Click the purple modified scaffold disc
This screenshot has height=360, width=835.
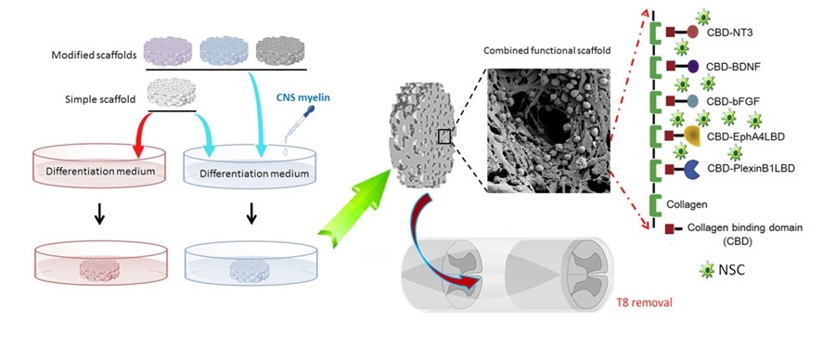tap(168, 51)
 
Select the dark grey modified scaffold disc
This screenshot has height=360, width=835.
tap(280, 51)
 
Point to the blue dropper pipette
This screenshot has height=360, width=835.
tap(297, 124)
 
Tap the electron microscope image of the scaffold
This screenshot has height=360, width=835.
tap(547, 130)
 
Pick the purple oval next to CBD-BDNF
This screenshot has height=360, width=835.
tap(693, 67)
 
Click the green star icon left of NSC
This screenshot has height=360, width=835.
tap(707, 270)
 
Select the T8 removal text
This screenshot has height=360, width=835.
tap(644, 302)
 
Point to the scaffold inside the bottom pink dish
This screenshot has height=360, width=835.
tap(99, 270)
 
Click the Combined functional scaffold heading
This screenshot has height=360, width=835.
tap(546, 51)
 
